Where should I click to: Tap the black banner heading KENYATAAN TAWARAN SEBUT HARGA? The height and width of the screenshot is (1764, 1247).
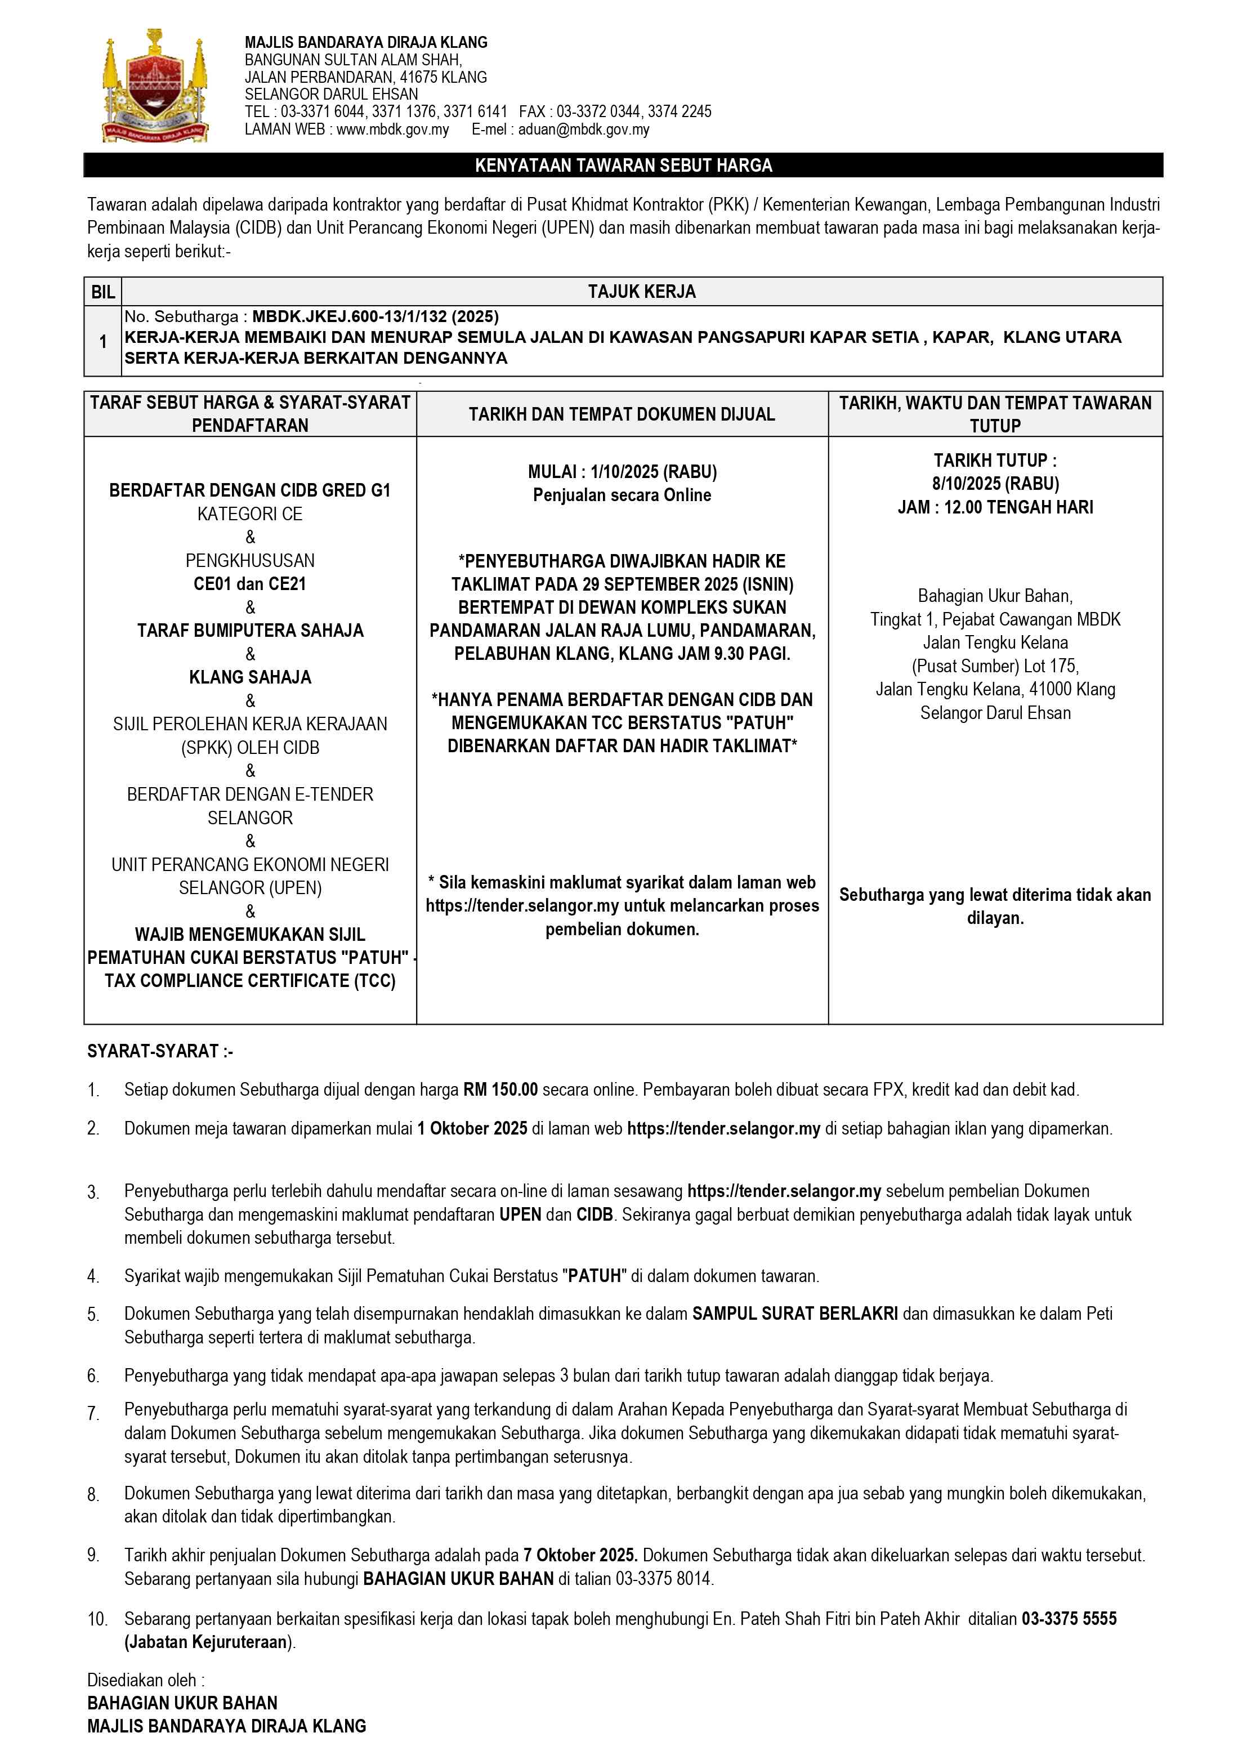click(623, 165)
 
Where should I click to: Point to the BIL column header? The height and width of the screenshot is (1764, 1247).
click(103, 292)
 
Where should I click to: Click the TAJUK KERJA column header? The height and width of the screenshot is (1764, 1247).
click(642, 292)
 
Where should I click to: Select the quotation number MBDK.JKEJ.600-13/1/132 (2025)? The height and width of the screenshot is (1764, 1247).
click(375, 316)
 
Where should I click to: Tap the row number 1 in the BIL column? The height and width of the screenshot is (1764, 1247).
click(103, 341)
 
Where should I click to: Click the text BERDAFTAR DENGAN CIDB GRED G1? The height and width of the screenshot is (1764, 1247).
click(250, 490)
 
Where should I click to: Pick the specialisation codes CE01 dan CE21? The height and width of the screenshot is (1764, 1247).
click(250, 584)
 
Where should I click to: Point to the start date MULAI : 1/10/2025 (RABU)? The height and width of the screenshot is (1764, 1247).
click(622, 472)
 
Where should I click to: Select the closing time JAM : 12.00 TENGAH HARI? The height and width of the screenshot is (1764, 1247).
click(995, 507)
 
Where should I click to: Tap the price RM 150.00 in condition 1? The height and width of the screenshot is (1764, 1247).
click(500, 1089)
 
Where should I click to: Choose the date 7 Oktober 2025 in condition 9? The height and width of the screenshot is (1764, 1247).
click(580, 1555)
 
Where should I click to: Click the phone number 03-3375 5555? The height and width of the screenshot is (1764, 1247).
click(1069, 1619)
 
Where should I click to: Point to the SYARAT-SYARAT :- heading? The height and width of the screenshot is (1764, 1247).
click(160, 1051)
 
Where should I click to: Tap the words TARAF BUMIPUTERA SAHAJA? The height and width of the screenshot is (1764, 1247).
click(250, 631)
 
